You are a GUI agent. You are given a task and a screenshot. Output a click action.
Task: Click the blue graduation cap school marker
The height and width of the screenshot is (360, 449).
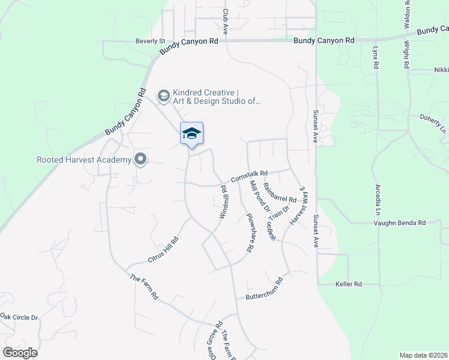pos(191,133)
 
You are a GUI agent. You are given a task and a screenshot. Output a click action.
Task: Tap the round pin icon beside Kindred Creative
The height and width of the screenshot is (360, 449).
pos(163,95)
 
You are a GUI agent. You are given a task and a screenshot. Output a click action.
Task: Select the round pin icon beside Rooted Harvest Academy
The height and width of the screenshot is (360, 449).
pos(140,159)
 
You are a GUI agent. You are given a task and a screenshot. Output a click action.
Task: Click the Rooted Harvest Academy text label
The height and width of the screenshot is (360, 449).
pos(84,160)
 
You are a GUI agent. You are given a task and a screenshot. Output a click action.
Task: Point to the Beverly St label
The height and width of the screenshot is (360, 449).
pos(150,41)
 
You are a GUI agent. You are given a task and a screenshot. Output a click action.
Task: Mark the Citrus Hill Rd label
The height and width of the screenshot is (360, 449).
pos(163,250)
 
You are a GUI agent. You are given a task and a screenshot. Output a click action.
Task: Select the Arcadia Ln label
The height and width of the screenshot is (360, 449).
pos(378,200)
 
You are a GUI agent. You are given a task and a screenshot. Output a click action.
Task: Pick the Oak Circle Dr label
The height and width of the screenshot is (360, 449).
pos(19,317)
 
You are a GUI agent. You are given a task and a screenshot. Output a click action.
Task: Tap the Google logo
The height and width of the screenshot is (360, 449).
pos(20,353)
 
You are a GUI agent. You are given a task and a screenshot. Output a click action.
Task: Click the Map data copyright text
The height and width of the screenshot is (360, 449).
pos(423,355)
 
